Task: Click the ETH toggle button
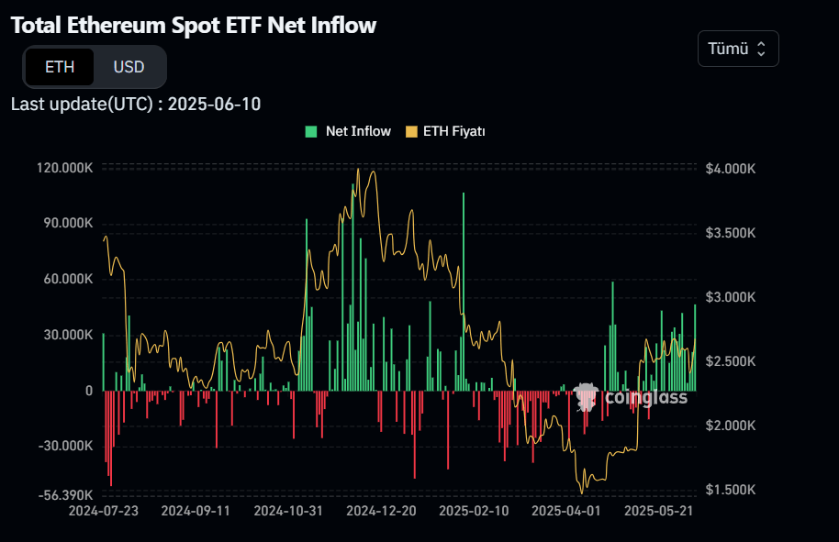(x=60, y=67)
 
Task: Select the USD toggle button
(x=129, y=67)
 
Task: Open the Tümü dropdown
(x=738, y=49)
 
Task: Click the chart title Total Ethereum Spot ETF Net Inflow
(x=194, y=26)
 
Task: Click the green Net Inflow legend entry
(x=348, y=131)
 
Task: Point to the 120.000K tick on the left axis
(x=65, y=168)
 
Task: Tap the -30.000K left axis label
(x=66, y=446)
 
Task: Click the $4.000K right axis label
(x=731, y=169)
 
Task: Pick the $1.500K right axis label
(x=731, y=490)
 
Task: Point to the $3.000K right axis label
(x=731, y=297)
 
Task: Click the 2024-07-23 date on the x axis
(x=104, y=510)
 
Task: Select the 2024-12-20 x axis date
(x=381, y=510)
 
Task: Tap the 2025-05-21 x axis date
(x=657, y=510)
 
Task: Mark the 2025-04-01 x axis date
(x=566, y=510)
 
